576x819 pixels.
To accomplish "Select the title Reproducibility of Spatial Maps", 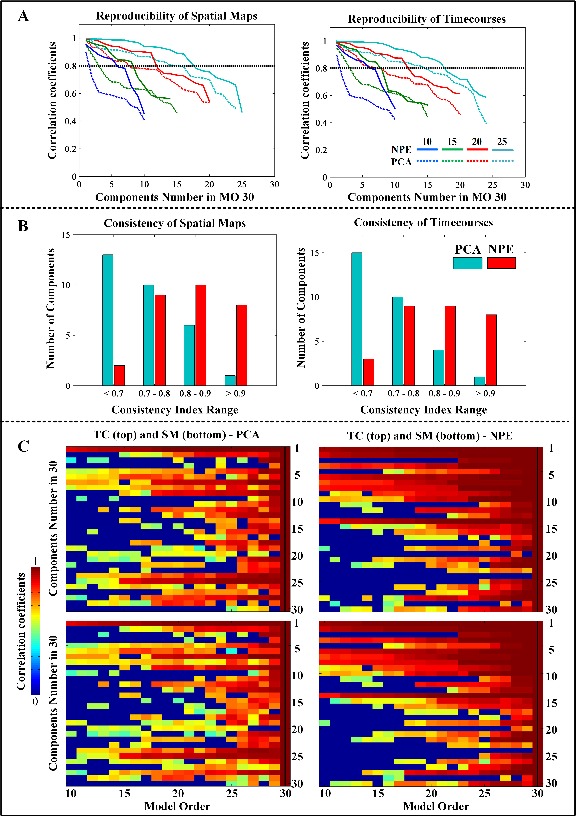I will (x=177, y=16).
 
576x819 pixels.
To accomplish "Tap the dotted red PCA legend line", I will (x=477, y=161).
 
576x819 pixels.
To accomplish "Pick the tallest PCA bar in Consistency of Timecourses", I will (x=357, y=319).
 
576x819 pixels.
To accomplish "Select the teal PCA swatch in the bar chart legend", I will (x=467, y=263).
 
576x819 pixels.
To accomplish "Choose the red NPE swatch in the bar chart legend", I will (x=501, y=263).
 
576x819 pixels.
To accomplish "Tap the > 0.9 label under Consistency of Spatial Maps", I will (x=236, y=393).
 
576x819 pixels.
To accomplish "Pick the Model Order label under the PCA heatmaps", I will (x=177, y=806).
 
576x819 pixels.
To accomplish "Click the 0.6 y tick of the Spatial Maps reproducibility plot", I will (x=70, y=94).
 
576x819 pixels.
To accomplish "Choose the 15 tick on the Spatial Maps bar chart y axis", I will (x=66, y=235).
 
